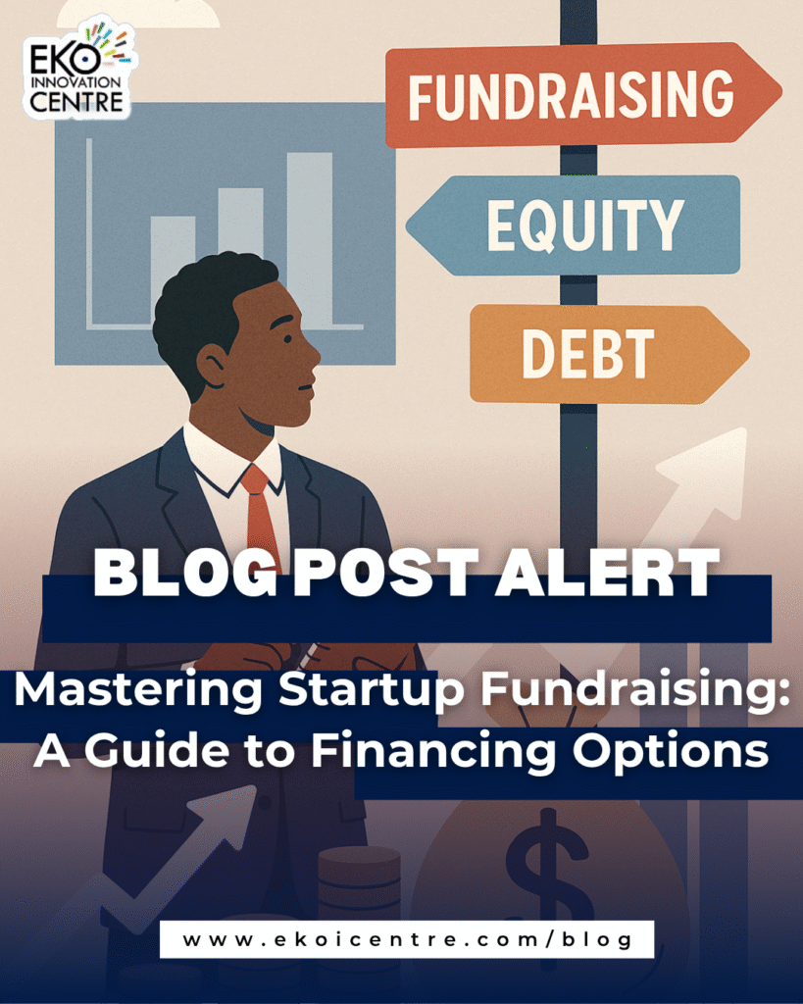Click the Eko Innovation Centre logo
pos(79,69)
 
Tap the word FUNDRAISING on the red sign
pos(572,96)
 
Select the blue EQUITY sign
pos(574,225)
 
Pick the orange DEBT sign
pos(609,354)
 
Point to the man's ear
pos(212,366)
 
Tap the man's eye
pos(287,338)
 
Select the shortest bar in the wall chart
pos(173,269)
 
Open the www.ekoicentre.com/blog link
pos(407,939)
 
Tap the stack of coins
pos(359,883)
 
